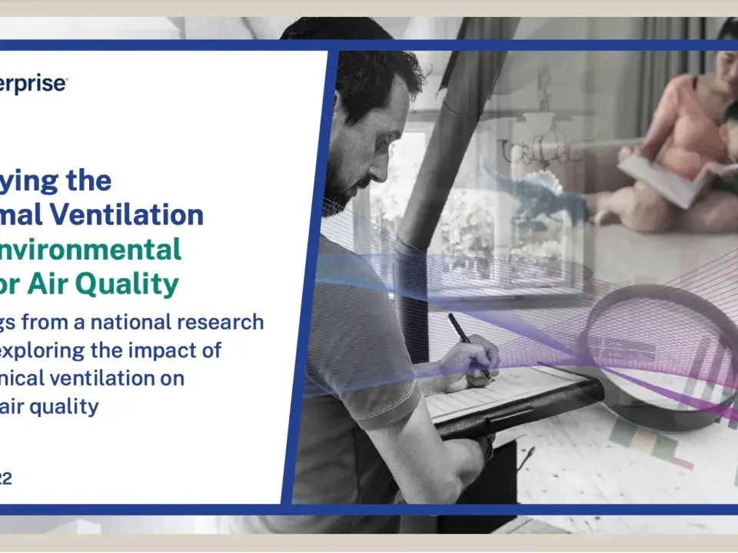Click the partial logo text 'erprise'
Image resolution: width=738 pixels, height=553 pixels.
[x=34, y=84]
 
